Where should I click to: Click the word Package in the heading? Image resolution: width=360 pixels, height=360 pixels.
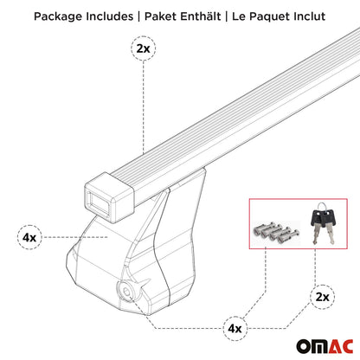(x=56, y=16)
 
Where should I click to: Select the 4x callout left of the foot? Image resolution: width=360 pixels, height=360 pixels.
(x=28, y=236)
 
